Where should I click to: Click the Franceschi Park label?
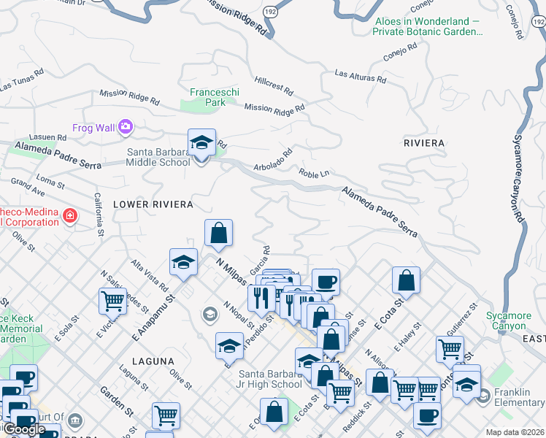pos(207,97)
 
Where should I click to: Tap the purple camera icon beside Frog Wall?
pos(126,128)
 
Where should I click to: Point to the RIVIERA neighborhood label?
pos(424,142)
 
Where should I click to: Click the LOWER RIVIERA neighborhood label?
pos(153,204)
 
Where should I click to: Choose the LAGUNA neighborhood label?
pos(153,361)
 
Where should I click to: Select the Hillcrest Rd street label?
pos(274,86)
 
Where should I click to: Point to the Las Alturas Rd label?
pos(360,76)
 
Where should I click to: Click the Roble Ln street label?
pos(315,173)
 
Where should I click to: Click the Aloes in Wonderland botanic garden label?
pos(427,26)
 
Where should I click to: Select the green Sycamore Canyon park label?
pos(512,321)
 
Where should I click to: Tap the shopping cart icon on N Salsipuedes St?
pos(112,299)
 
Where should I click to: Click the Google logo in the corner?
pos(24,429)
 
